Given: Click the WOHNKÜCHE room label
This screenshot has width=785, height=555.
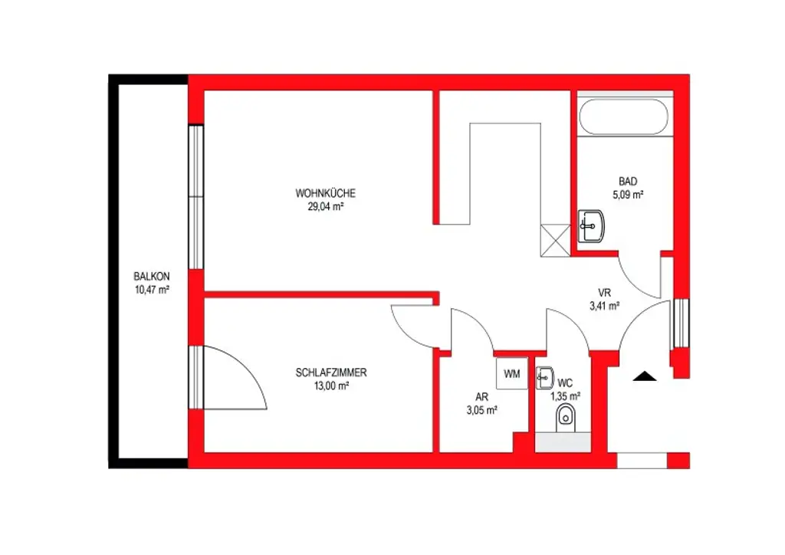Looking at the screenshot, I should coord(326,193).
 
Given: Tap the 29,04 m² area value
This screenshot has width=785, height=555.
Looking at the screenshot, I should coord(326,205).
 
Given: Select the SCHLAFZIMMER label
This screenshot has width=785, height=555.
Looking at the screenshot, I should coord(331,373).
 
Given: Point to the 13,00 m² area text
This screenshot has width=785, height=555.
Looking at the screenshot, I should coord(331,386).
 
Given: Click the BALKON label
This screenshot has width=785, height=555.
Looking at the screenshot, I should coord(151,277).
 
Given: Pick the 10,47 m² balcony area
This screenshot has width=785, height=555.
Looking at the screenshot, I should coord(151,289).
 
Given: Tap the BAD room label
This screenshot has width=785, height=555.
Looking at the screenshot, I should coord(628,182).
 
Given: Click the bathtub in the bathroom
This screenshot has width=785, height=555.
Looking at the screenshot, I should coord(623,117).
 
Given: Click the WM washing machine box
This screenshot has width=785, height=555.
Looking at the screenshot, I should coord(511,373).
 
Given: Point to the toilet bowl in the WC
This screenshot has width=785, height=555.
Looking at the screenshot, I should coord(567,417).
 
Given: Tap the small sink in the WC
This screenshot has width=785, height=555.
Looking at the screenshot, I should coord(545,376).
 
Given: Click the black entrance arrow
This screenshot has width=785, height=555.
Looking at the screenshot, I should coord(645,376).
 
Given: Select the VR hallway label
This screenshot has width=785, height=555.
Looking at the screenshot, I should coord(605,292).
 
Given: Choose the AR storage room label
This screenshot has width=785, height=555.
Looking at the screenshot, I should coord(481,397).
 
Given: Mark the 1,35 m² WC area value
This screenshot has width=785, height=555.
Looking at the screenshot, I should coord(566,396).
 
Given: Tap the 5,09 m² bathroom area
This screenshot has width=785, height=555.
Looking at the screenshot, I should coord(628,195).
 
